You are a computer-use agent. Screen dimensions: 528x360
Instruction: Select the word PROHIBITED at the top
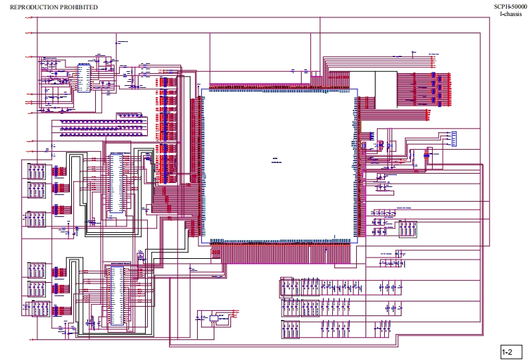coord(82,7)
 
